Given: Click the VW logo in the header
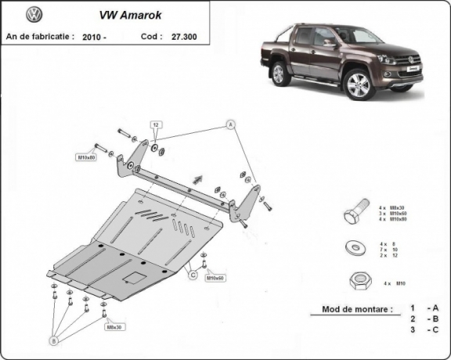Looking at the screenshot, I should (34, 15).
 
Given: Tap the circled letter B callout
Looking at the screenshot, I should (54, 340).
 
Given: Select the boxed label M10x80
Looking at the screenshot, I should (85, 158).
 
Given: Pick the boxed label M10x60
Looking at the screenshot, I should (215, 278).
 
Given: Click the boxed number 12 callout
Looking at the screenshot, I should (156, 125).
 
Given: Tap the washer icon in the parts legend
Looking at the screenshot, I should (353, 249).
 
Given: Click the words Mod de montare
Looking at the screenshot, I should (357, 309).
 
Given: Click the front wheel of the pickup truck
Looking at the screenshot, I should (359, 85).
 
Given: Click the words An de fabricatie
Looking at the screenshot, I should (41, 36).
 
